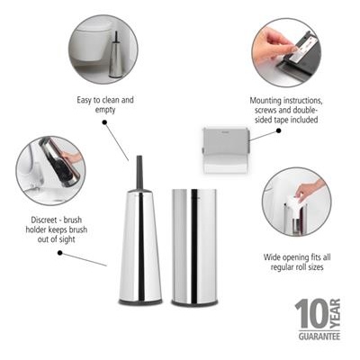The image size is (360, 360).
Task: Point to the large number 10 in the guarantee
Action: coord(310,314)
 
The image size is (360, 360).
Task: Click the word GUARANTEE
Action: coord(319,336)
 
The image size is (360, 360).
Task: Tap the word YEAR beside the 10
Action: coord(336,314)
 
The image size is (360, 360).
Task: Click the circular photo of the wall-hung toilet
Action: coord(103,49)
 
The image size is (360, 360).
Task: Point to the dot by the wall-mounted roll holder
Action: coord(280,129)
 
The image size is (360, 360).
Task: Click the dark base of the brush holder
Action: coord(140,300)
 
